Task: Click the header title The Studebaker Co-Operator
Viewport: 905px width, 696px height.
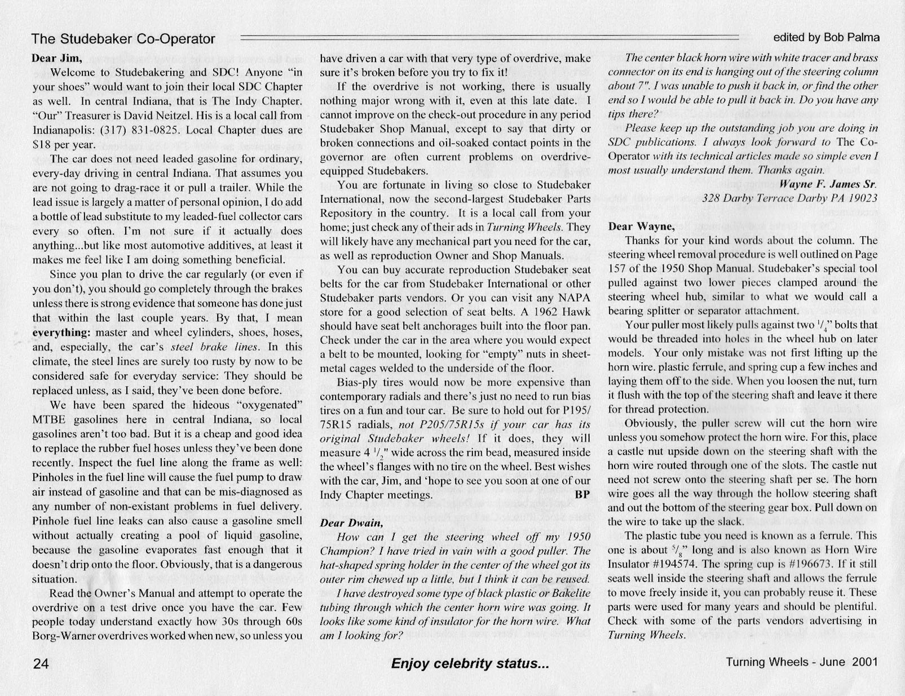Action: click(x=123, y=39)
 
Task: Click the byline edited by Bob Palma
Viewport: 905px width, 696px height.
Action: click(x=826, y=38)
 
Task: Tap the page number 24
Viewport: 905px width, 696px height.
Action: click(x=41, y=663)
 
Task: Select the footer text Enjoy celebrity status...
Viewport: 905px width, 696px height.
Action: click(x=470, y=663)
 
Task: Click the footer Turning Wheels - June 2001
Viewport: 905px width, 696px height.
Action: click(x=801, y=662)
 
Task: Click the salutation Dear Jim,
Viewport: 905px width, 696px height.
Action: click(x=57, y=58)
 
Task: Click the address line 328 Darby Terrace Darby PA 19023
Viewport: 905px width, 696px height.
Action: click(x=789, y=198)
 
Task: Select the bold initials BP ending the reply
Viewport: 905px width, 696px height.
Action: click(x=582, y=495)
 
